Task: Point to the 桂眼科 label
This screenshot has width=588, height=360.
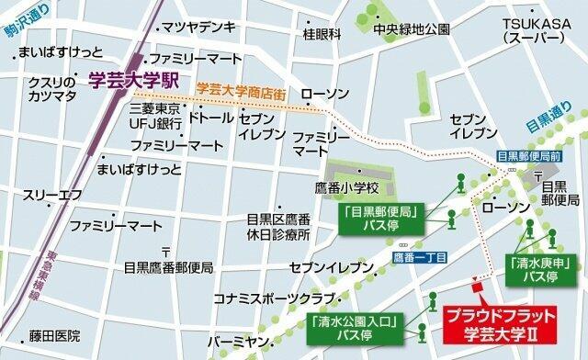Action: (322, 34)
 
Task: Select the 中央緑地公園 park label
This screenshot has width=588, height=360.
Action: (412, 28)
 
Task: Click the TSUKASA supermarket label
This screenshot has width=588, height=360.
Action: (532, 30)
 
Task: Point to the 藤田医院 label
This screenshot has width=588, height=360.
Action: (54, 337)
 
